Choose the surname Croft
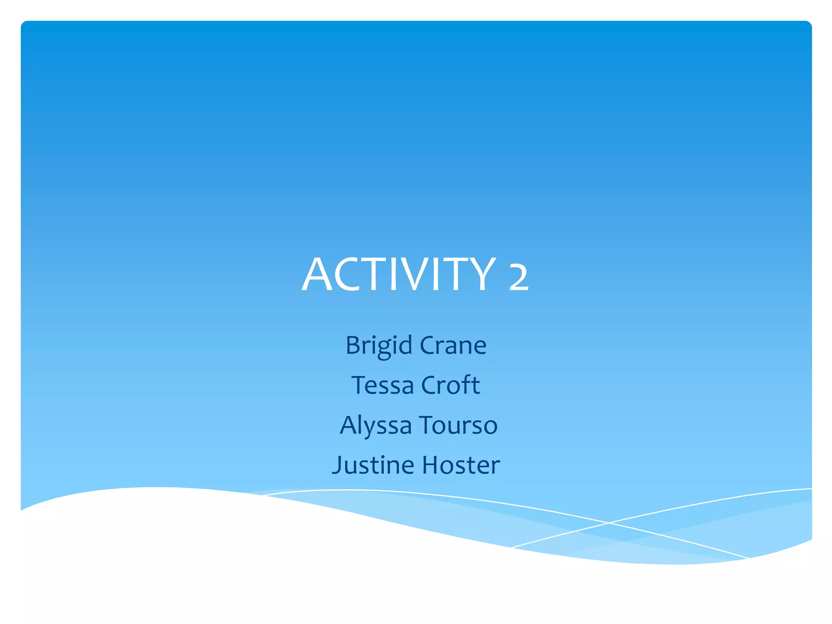point(451,385)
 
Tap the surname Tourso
point(458,425)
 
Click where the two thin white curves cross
point(609,523)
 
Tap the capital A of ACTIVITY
point(317,275)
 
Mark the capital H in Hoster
point(431,465)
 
